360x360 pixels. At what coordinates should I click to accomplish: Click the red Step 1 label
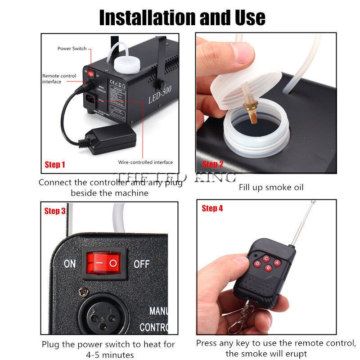click(54, 165)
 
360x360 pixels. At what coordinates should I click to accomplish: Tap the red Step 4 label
click(212, 208)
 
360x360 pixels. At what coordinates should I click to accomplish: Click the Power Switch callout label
click(72, 49)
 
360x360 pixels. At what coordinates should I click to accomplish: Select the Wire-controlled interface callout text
click(145, 162)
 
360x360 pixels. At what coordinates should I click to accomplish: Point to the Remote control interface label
click(59, 79)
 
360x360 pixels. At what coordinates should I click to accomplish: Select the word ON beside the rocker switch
click(69, 263)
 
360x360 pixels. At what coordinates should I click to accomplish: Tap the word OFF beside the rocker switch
click(141, 263)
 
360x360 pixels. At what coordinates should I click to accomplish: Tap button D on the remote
click(257, 263)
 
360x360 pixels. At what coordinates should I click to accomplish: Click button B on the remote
click(268, 269)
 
